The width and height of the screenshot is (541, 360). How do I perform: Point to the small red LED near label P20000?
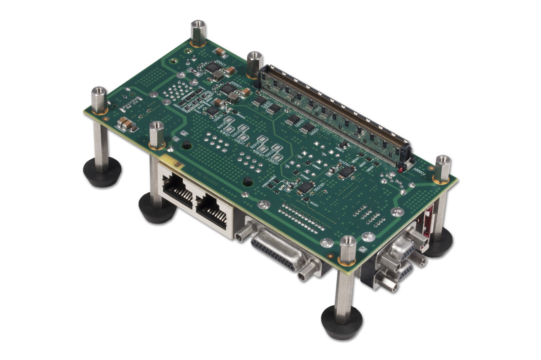tap(400, 170)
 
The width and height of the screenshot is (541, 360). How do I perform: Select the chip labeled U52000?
tap(306, 187)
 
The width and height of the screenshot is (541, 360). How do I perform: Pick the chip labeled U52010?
tap(347, 171)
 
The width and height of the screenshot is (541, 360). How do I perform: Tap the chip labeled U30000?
tap(227, 89)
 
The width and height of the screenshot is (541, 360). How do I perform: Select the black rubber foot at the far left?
tap(102, 171)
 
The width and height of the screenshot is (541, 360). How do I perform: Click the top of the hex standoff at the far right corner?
tap(443, 160)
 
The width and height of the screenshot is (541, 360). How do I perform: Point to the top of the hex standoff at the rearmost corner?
tap(198, 25)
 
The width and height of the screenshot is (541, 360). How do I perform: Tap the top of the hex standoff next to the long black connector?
tap(254, 55)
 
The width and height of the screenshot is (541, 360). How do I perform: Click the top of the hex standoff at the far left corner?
tap(99, 90)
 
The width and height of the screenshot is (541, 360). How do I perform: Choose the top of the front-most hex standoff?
tap(348, 240)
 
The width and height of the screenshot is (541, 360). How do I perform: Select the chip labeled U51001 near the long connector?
tap(307, 128)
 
